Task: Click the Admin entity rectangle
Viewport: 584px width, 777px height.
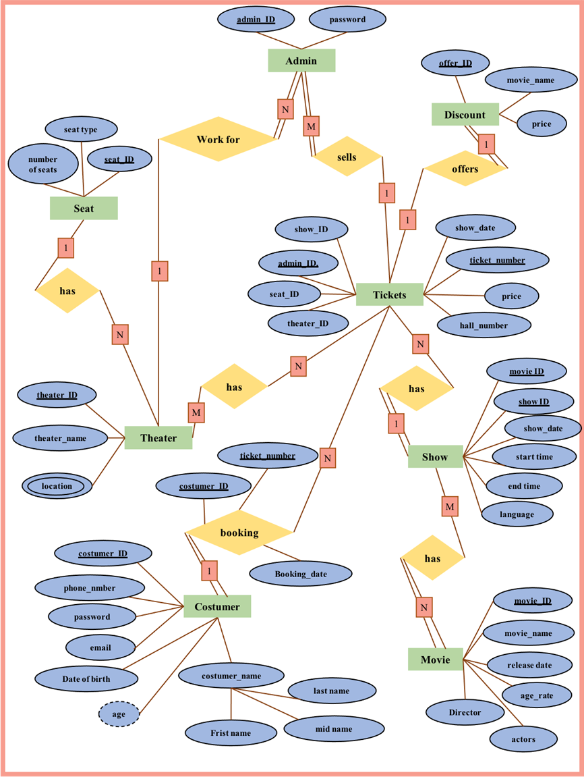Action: click(x=301, y=61)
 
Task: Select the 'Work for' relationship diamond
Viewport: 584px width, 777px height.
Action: click(x=218, y=140)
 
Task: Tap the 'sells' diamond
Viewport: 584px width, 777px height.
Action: click(x=347, y=157)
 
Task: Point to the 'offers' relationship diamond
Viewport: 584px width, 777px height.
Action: click(x=465, y=169)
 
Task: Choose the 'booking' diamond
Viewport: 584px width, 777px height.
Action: click(x=239, y=533)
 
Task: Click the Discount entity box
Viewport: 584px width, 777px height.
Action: click(x=465, y=115)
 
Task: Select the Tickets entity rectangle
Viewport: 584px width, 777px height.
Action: click(x=389, y=295)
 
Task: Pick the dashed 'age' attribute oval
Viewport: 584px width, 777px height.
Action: click(x=119, y=714)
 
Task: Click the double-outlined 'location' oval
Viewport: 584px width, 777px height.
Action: click(x=57, y=486)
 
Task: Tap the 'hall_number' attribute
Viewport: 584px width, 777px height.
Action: click(x=484, y=325)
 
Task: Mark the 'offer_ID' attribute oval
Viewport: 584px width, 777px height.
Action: click(x=455, y=63)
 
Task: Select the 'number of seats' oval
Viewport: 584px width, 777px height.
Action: click(x=42, y=164)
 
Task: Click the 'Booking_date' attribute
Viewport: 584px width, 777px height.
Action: click(x=301, y=574)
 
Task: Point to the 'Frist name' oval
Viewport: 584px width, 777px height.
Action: click(x=231, y=732)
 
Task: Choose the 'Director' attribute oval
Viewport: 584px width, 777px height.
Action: click(x=465, y=712)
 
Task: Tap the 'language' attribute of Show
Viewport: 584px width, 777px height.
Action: click(x=517, y=514)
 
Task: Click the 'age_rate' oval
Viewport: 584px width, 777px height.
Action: click(x=537, y=696)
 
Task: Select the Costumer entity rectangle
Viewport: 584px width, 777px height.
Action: click(x=217, y=607)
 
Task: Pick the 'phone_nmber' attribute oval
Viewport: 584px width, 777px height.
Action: click(x=90, y=588)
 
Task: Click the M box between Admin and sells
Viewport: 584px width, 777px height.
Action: click(x=311, y=126)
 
